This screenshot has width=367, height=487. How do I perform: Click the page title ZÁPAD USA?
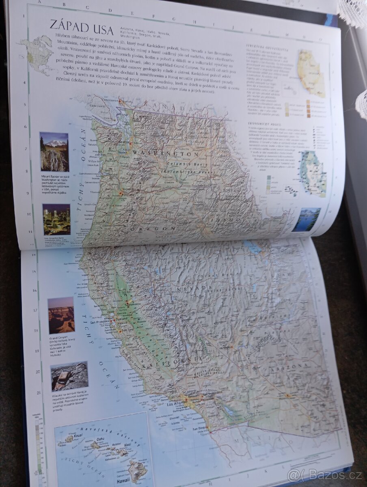click(82, 25)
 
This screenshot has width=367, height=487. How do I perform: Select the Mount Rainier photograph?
click(54, 151)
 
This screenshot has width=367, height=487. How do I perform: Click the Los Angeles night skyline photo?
click(56, 219)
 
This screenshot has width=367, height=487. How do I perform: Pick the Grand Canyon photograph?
click(61, 315)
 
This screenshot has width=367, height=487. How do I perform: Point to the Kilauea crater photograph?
click(69, 376)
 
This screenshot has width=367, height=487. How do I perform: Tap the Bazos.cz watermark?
click(318, 474)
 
